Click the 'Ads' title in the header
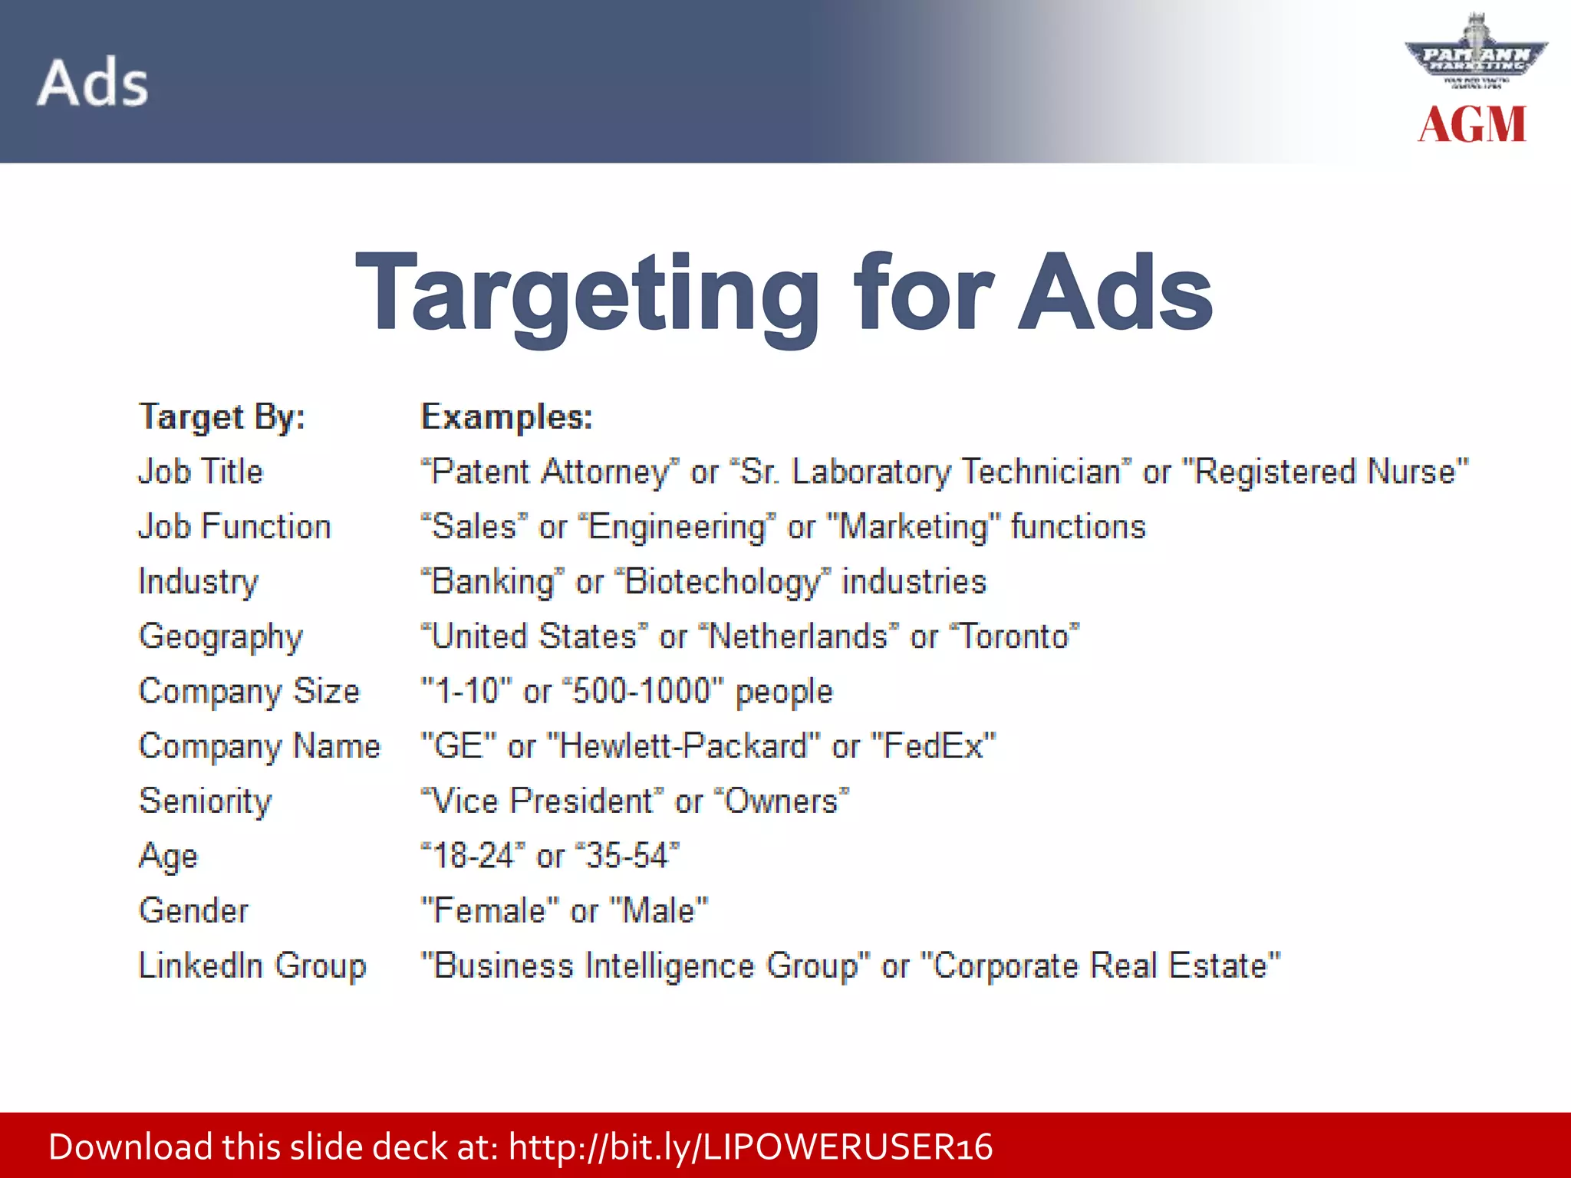(x=93, y=82)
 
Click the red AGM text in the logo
(x=1472, y=124)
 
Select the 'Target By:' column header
(x=222, y=417)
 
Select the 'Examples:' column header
(x=507, y=417)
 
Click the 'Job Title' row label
(x=200, y=472)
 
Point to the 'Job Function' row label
(x=235, y=527)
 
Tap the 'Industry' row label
(x=199, y=582)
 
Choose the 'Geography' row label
(x=221, y=637)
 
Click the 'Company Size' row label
(x=249, y=692)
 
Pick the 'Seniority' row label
(x=206, y=801)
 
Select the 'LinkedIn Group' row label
(x=252, y=966)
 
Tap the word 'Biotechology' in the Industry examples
(x=723, y=582)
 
